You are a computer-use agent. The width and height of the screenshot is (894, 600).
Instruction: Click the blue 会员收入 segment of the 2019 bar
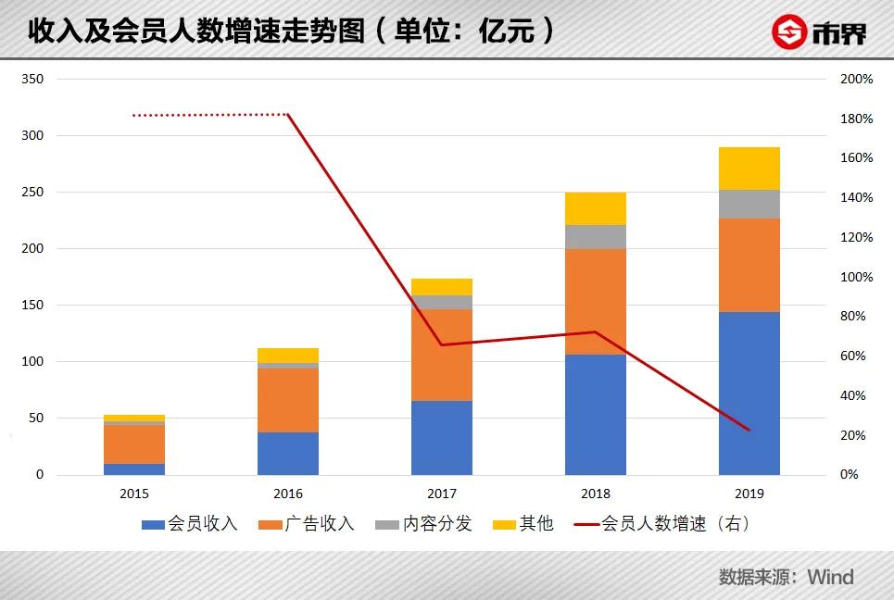(749, 394)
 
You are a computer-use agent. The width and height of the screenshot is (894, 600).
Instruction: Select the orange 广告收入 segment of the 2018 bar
(595, 302)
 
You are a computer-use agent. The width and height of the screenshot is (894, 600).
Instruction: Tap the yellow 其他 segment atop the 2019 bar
(749, 169)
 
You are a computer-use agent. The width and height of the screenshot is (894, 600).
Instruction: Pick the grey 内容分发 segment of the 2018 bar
(595, 237)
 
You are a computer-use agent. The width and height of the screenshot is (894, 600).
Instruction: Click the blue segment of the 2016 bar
(288, 454)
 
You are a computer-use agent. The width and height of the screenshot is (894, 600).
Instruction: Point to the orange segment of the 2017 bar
(441, 355)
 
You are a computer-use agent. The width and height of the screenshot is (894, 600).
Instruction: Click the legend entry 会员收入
(190, 524)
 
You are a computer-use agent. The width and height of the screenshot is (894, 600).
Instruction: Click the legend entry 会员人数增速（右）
(662, 524)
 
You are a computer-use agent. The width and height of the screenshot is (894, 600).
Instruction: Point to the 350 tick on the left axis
(32, 80)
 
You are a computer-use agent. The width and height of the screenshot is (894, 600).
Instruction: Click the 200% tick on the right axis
(856, 80)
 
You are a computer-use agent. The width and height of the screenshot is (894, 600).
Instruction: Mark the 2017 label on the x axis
(441, 494)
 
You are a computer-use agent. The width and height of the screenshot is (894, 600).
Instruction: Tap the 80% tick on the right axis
(852, 317)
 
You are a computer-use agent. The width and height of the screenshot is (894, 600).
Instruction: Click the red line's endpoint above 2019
(749, 430)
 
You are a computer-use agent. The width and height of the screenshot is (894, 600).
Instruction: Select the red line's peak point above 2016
(288, 115)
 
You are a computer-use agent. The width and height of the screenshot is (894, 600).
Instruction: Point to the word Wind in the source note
(830, 577)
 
